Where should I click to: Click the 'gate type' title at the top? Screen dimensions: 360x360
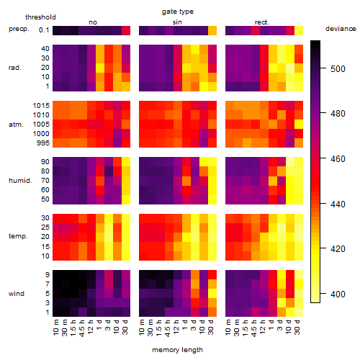pos(178,12)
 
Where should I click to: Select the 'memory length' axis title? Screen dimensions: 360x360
pos(177,350)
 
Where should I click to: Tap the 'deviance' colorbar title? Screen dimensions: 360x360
pos(341,29)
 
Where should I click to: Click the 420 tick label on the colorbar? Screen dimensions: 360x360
pos(338,248)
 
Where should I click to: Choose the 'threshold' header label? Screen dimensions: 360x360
pos(40,17)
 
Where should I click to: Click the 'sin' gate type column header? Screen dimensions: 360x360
pos(177,22)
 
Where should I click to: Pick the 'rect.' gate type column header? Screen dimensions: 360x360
pos(262,22)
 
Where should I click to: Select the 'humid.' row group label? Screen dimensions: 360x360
pos(20,181)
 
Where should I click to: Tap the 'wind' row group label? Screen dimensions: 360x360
pos(17,294)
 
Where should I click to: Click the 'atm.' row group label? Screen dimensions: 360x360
pos(16,125)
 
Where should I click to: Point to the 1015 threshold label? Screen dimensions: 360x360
pos(41,106)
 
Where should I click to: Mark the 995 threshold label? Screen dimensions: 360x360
pos(43,143)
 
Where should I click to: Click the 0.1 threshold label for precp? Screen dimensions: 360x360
pos(44,30)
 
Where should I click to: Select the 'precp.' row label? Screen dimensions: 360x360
pos(19,29)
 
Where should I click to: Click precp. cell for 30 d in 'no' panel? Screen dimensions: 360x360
pos(126,30)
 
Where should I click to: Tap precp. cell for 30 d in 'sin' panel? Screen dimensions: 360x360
pos(212,30)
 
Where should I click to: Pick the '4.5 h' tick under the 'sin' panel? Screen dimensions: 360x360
pos(169,328)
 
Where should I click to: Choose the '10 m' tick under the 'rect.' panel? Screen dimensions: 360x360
pos(228,327)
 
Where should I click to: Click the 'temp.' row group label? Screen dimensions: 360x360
pos(18,236)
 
